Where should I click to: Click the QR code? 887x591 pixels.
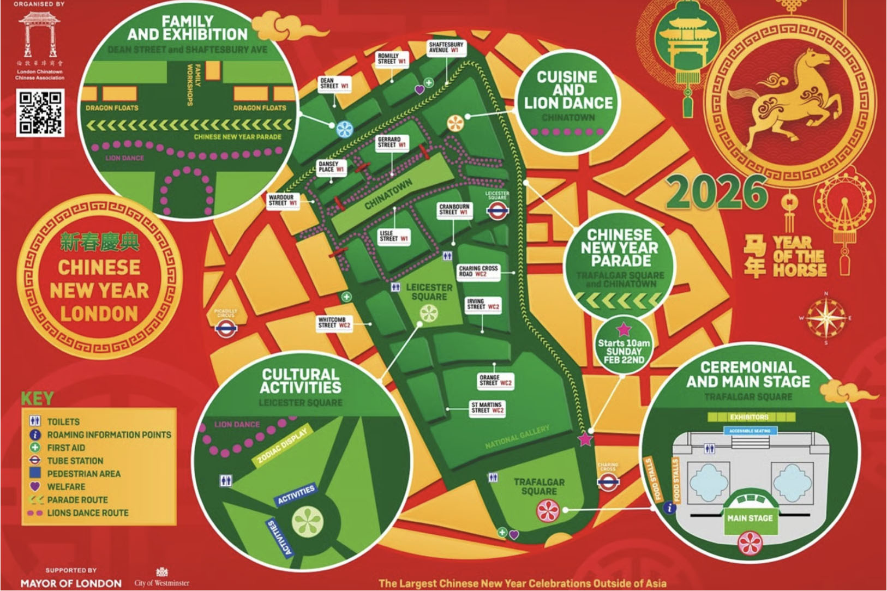point(40,113)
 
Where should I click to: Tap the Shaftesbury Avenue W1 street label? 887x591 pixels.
point(446,47)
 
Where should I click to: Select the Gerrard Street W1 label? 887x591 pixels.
point(392,142)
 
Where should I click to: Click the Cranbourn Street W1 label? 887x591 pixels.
point(454,209)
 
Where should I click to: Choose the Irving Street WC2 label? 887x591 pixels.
point(483,304)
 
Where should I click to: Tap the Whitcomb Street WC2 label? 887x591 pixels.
point(334,322)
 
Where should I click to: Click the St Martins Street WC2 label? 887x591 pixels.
point(487,408)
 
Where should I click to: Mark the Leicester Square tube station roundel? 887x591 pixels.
point(497,211)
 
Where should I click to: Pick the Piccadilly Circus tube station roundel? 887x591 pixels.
point(226,328)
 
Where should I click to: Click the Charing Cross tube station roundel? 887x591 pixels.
point(608,481)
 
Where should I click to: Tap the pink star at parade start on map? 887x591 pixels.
point(585,438)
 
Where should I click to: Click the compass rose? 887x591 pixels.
point(825,318)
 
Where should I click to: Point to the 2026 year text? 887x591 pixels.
point(716,192)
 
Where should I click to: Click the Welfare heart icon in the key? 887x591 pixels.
point(35,486)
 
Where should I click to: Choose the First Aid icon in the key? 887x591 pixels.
point(35,447)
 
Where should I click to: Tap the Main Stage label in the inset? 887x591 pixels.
point(750,518)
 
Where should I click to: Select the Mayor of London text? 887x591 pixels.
point(71,583)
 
